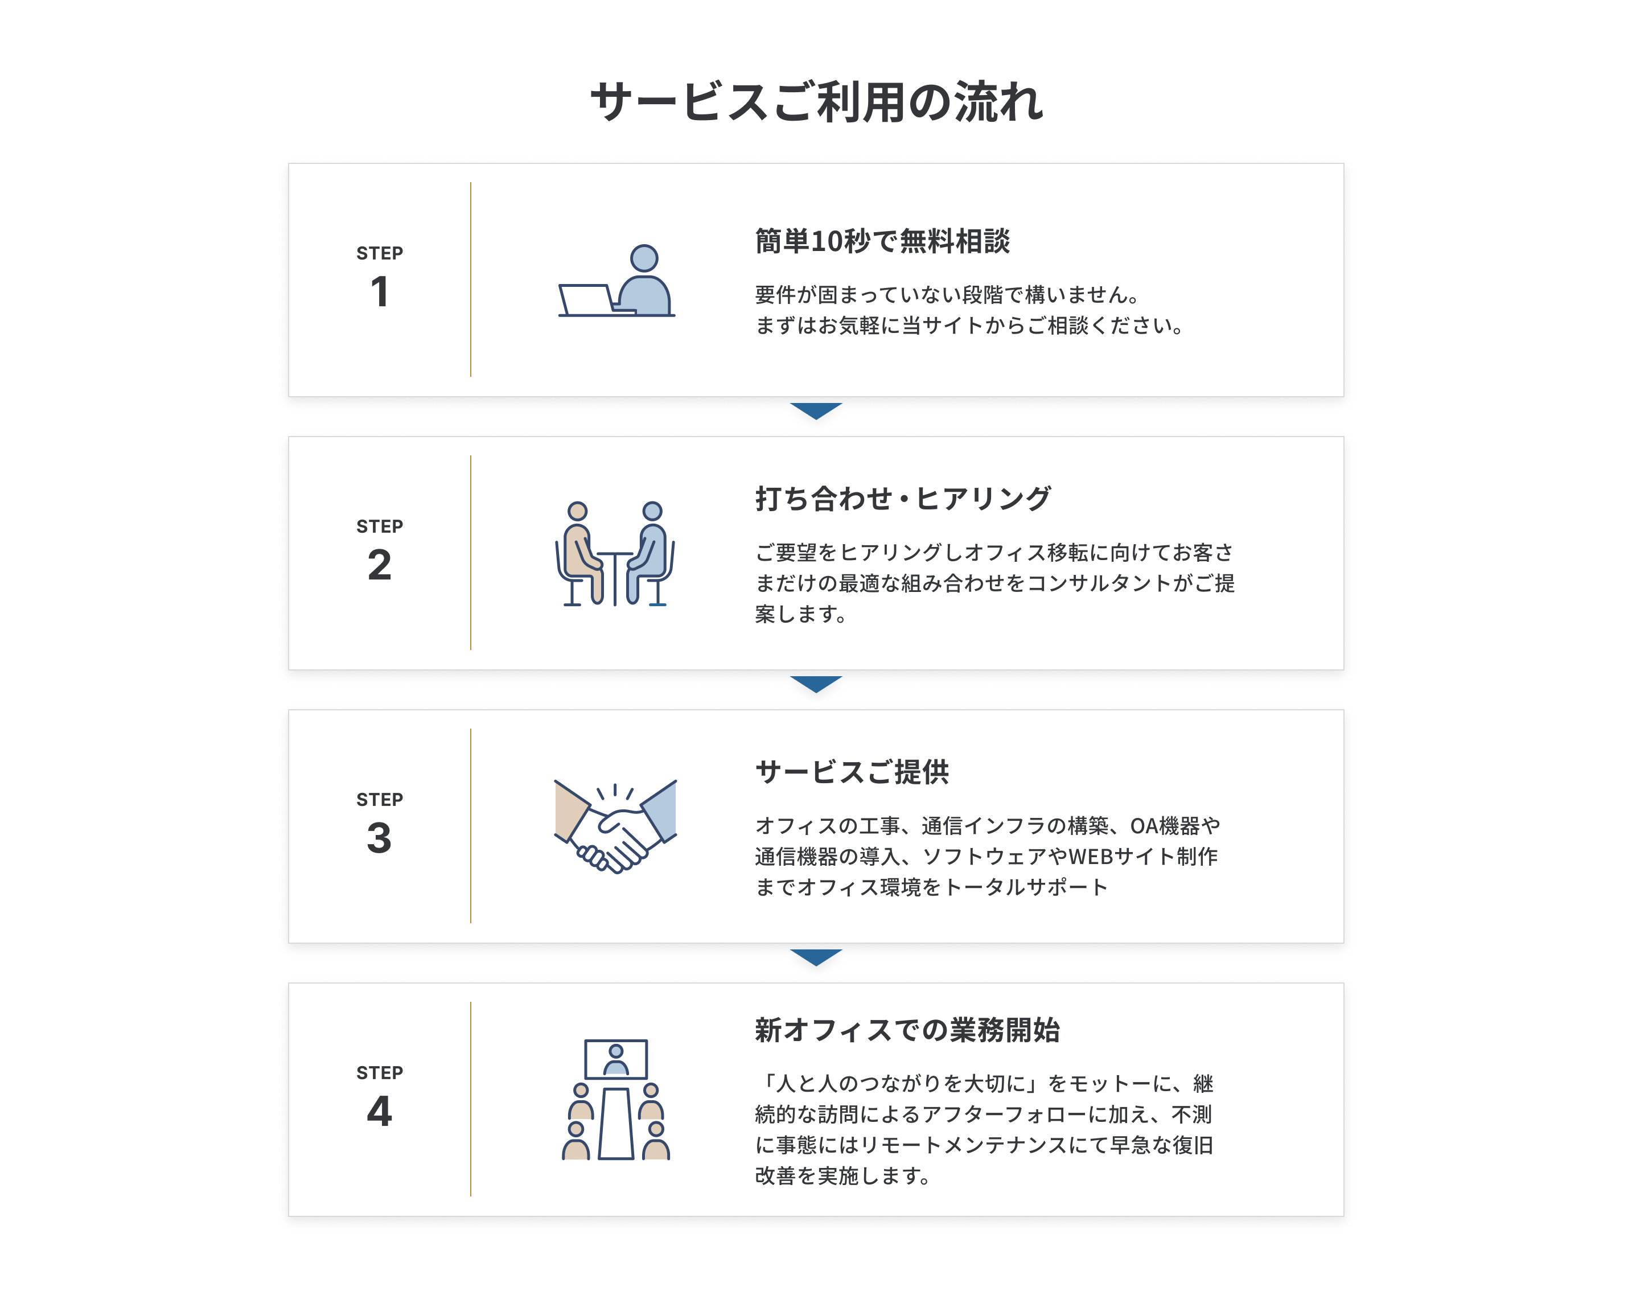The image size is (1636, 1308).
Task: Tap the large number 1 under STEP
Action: pos(380,292)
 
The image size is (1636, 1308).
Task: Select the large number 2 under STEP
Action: pos(380,565)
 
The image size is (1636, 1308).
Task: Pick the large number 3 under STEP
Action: pos(380,838)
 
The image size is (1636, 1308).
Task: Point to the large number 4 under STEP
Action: pos(380,1112)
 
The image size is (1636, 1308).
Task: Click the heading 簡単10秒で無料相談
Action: pos(882,241)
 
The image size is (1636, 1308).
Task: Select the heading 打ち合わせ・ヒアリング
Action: pos(903,499)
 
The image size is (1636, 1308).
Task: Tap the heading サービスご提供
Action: pos(852,772)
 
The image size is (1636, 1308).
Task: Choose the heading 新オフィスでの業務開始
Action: pos(907,1030)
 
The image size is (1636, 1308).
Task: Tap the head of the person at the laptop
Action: pos(644,258)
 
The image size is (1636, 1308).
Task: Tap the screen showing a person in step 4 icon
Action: pos(616,1059)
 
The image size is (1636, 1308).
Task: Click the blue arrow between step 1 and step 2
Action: pos(816,410)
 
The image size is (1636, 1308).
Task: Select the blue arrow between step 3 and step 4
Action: pos(816,957)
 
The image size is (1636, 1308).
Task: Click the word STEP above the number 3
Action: pos(380,800)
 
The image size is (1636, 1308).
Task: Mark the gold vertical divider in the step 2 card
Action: pos(470,552)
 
